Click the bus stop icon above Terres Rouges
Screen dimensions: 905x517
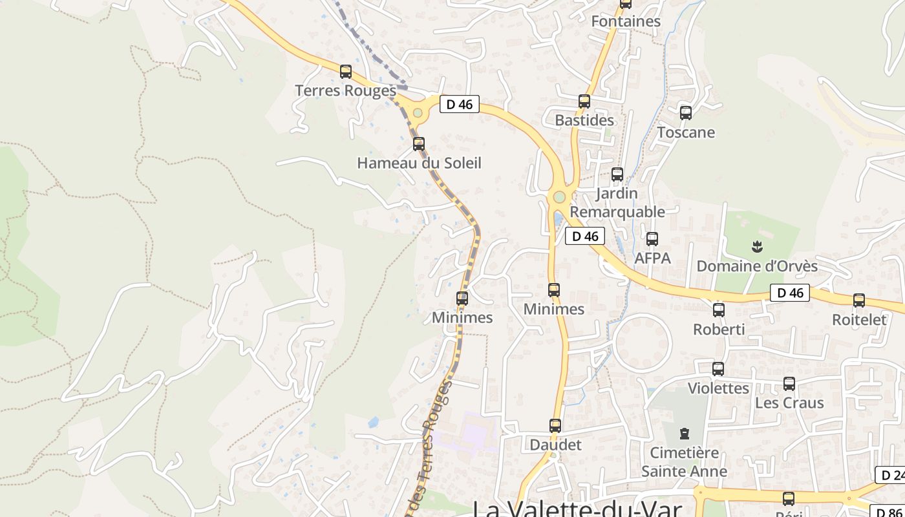point(346,71)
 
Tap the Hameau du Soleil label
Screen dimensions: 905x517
point(419,163)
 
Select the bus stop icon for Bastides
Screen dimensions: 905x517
point(584,101)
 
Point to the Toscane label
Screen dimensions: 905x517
point(686,132)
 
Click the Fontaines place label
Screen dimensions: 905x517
point(626,21)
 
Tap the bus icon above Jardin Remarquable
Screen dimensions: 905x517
point(617,174)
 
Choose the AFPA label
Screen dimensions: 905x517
point(652,258)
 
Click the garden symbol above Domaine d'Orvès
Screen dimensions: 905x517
point(757,246)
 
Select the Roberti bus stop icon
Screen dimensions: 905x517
point(719,310)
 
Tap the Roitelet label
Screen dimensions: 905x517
point(859,319)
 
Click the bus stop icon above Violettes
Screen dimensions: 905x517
point(718,369)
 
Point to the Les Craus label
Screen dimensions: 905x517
point(789,403)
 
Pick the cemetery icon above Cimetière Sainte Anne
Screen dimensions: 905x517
point(684,434)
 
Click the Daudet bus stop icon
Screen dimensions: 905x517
point(555,426)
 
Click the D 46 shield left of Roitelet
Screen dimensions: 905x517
point(790,293)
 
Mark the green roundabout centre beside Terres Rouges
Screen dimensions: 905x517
point(418,113)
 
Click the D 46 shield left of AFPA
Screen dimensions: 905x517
point(585,236)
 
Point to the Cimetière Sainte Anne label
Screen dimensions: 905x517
point(684,461)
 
